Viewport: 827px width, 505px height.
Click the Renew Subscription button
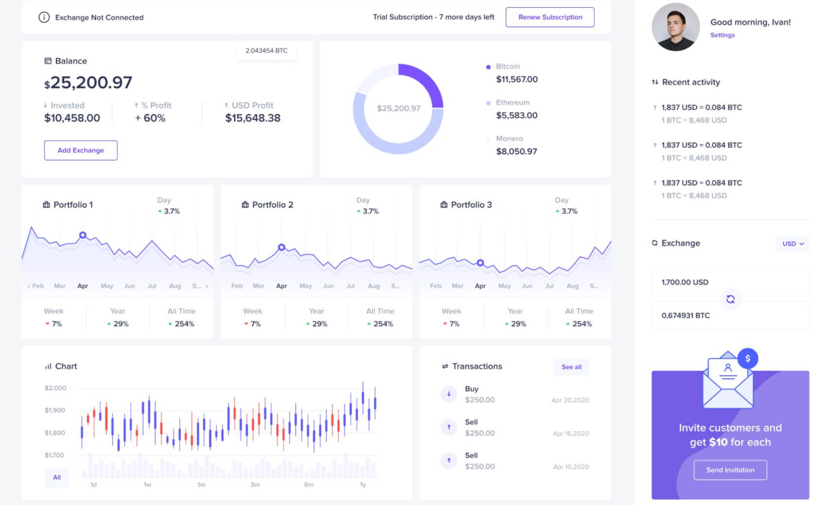[550, 17]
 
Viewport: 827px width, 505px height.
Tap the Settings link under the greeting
[722, 35]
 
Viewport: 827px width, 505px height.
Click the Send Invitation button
[730, 470]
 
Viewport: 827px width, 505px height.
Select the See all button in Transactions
[571, 367]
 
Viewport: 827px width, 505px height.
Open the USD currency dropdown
[793, 243]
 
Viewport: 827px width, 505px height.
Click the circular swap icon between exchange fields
[730, 299]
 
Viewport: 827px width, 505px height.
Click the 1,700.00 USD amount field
[730, 282]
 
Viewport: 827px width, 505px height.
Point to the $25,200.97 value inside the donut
[398, 108]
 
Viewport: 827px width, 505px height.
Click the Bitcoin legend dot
[488, 67]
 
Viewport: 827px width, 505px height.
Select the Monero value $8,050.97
[516, 151]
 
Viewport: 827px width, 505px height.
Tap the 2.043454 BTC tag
[266, 50]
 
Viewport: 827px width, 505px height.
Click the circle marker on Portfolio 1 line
[83, 235]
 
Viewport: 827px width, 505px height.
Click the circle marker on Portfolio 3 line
[480, 263]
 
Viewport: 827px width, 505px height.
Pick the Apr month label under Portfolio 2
[281, 286]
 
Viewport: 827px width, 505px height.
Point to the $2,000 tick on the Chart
[55, 388]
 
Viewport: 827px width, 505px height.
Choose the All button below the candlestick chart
[57, 477]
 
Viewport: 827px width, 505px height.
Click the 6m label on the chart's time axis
[309, 485]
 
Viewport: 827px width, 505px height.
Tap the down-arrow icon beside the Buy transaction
[449, 394]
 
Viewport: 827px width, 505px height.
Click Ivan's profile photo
[675, 27]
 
